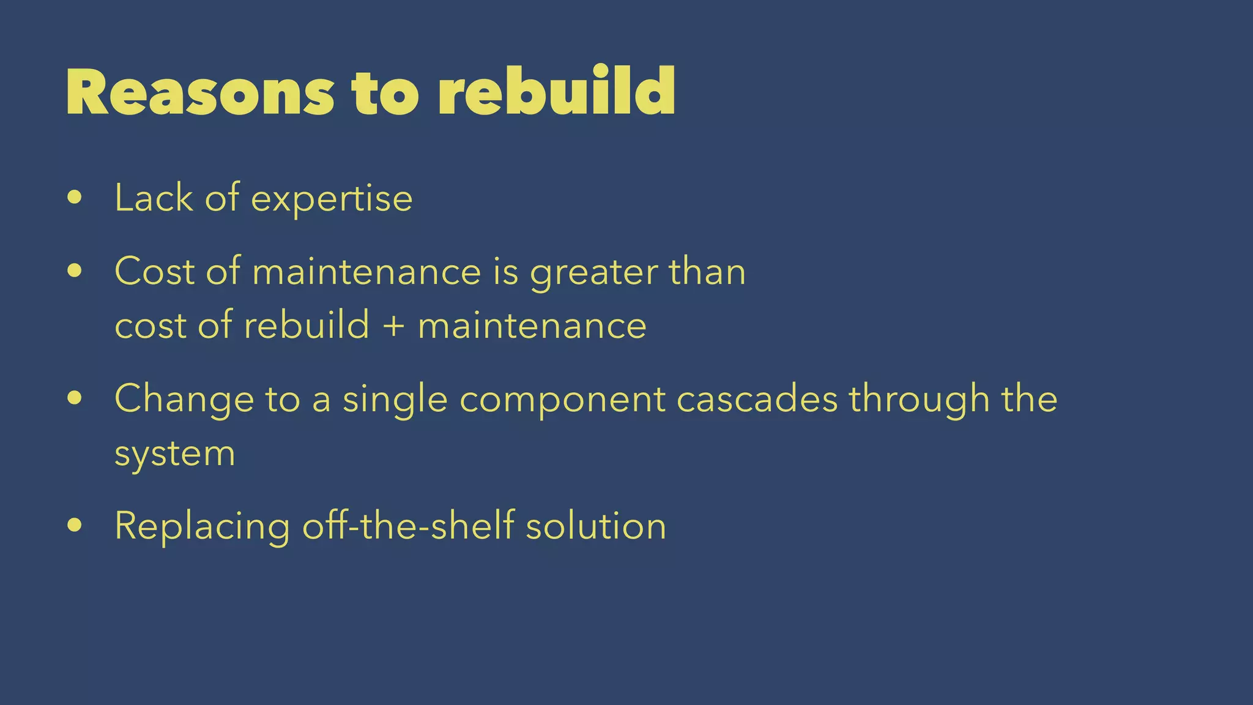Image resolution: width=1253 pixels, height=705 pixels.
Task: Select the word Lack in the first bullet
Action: (154, 198)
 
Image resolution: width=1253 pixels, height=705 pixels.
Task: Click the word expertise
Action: (332, 200)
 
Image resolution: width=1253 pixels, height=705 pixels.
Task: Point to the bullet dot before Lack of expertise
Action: (75, 197)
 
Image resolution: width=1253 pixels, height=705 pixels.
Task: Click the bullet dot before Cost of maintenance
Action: (75, 270)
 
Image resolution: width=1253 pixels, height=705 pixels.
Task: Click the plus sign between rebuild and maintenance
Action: (393, 325)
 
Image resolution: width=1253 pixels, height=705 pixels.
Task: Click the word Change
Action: (184, 400)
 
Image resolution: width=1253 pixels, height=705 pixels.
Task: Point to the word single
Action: (395, 400)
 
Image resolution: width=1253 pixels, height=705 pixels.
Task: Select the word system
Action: (175, 455)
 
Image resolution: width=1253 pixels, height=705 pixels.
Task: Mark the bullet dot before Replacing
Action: (75, 524)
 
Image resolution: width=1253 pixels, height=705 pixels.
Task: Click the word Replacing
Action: (202, 527)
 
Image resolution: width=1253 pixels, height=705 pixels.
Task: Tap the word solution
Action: (596, 526)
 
